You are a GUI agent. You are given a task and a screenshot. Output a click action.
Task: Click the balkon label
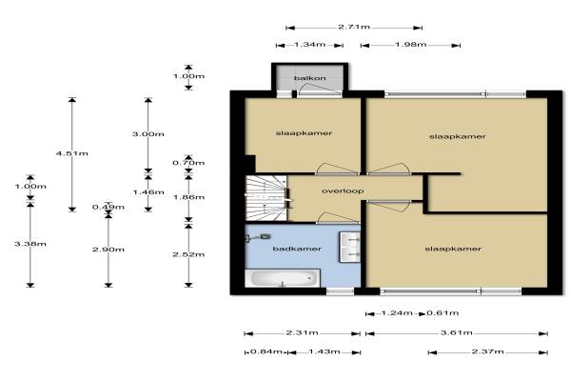pos(310,78)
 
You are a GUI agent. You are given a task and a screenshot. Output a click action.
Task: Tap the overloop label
pos(343,190)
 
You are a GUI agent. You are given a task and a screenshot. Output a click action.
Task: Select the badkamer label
pos(297,249)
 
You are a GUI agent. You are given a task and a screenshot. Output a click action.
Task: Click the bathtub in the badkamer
pos(283,278)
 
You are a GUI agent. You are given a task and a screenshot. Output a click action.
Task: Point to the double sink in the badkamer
pos(350,247)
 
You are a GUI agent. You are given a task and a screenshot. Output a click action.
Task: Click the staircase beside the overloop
pos(266,198)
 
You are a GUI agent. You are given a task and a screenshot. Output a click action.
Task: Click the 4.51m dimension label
pos(72,153)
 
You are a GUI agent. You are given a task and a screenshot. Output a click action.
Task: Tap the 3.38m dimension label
pos(30,244)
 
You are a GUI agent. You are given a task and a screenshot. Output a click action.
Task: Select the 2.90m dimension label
pos(108,250)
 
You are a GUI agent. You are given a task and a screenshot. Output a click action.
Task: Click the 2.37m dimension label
pos(487,351)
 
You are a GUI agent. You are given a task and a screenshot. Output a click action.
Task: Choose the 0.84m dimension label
pos(266,351)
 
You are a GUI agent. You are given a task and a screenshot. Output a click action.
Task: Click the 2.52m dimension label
pos(188,254)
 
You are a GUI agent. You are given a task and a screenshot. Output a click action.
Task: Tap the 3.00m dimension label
pos(148,134)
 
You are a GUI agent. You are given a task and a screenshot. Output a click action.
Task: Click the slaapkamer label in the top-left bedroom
pos(304,133)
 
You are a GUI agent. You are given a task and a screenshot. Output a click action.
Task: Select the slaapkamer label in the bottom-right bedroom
pos(453,249)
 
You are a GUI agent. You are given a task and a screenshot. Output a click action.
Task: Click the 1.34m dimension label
pos(310,45)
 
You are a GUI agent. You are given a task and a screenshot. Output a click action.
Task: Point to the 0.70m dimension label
pos(188,163)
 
